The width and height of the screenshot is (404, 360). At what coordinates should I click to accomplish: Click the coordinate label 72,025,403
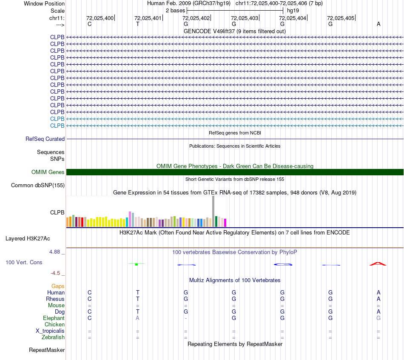click(x=245, y=18)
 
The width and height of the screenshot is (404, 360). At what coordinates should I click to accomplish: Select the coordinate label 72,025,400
click(x=100, y=18)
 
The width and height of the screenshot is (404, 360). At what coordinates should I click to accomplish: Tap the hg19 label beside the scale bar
click(x=293, y=10)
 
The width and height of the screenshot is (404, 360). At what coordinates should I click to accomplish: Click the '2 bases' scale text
click(x=175, y=10)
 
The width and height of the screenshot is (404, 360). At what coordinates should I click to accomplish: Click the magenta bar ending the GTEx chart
click(x=225, y=223)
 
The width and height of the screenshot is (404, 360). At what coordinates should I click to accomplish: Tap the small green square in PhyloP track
click(x=136, y=264)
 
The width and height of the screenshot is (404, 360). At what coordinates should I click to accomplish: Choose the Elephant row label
click(x=54, y=318)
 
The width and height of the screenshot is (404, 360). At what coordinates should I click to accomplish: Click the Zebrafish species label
click(x=53, y=337)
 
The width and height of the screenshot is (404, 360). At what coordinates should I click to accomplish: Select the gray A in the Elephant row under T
click(x=137, y=318)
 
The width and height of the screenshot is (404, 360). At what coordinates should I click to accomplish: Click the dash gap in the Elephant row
click(x=186, y=318)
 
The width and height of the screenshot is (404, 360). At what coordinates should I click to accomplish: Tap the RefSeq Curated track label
click(x=45, y=139)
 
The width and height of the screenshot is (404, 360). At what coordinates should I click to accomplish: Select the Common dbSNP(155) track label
click(x=38, y=185)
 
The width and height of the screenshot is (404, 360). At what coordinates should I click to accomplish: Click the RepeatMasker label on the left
click(x=47, y=350)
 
